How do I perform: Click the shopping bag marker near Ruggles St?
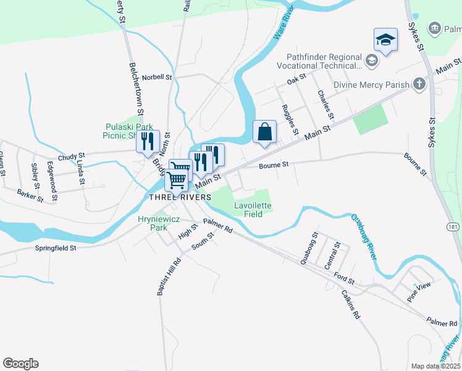(264, 132)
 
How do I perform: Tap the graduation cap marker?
(385, 40)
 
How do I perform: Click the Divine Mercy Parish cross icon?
(419, 84)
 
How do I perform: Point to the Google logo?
(20, 364)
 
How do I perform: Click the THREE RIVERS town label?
(176, 197)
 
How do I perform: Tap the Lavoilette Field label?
(253, 210)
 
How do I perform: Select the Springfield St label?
(56, 248)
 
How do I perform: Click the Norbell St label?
(157, 77)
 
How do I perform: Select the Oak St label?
(297, 80)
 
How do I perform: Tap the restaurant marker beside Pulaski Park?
(148, 141)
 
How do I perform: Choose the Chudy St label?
(70, 158)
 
